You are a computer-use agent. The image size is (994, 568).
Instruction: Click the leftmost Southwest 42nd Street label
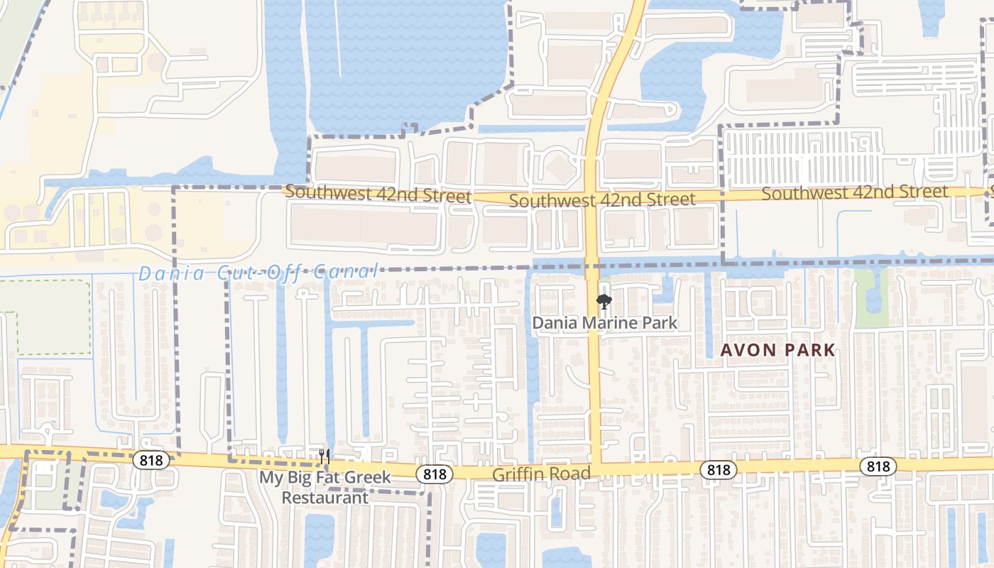coord(378,194)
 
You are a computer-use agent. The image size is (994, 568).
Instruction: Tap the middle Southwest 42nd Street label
coord(602,200)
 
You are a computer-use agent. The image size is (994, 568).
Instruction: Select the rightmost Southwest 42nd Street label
coord(854,192)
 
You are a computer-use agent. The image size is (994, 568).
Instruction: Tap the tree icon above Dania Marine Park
coord(603,302)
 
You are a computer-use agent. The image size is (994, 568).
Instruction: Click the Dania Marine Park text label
coord(605,323)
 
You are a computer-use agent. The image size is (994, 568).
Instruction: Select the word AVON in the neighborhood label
coord(747,350)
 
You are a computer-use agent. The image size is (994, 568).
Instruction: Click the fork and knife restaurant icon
coord(324,456)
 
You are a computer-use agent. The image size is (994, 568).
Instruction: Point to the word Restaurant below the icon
coord(324,497)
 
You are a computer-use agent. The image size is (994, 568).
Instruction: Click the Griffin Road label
coord(542,474)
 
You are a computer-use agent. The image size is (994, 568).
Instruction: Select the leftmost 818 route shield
coord(151,460)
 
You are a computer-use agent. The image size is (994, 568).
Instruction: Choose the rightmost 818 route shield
coord(878,466)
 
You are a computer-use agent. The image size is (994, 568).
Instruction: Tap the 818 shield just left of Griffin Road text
coord(435,474)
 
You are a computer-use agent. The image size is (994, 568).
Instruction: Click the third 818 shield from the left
coord(719,469)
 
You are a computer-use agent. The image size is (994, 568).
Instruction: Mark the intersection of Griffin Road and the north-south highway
coord(595,469)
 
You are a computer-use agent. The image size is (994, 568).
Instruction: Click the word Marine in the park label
coord(606,323)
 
